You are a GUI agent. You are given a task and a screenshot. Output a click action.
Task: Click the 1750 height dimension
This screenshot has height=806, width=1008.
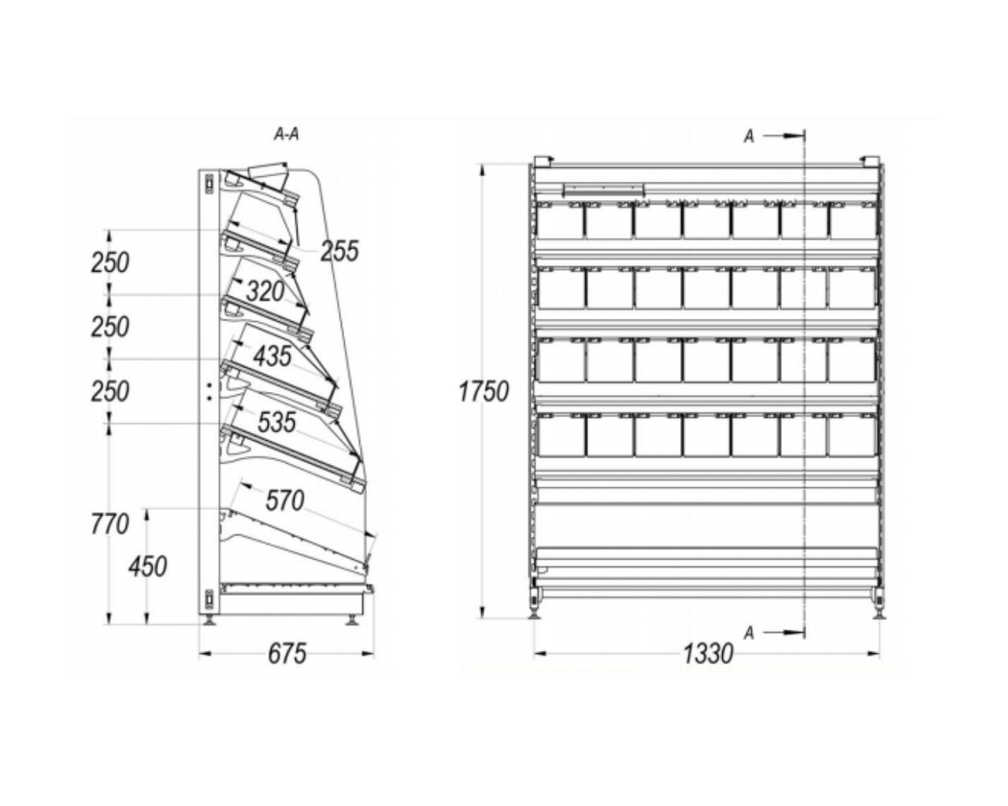[484, 390]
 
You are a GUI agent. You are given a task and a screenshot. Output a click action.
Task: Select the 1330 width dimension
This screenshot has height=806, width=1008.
[707, 653]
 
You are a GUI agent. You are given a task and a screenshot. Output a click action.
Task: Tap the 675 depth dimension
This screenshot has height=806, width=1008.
[287, 653]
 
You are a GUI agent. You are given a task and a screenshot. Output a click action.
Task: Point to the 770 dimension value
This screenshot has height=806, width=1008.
[109, 523]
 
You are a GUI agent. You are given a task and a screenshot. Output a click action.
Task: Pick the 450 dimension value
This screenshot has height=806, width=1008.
[148, 565]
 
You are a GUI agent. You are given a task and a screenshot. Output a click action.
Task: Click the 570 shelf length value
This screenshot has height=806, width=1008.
[284, 500]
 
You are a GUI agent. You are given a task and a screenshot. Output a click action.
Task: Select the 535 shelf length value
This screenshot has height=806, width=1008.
[276, 423]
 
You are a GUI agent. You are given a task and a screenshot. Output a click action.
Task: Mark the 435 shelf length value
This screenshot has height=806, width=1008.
[272, 356]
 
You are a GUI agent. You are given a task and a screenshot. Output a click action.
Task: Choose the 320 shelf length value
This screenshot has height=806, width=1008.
[265, 292]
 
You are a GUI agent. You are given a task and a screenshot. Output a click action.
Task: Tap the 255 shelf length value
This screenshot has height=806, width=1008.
[339, 251]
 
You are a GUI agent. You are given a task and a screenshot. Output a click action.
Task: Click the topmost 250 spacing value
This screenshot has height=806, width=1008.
[109, 263]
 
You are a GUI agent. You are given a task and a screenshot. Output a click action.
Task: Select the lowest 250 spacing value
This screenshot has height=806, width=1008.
[109, 390]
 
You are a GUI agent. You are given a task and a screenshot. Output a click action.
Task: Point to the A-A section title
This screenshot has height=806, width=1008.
[287, 135]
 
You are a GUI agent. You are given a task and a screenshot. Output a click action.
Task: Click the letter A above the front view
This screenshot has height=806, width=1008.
[749, 136]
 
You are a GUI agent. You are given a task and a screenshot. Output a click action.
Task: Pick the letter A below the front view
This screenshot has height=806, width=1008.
[749, 632]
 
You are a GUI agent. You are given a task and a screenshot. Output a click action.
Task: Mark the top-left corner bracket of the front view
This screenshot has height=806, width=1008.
[541, 161]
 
